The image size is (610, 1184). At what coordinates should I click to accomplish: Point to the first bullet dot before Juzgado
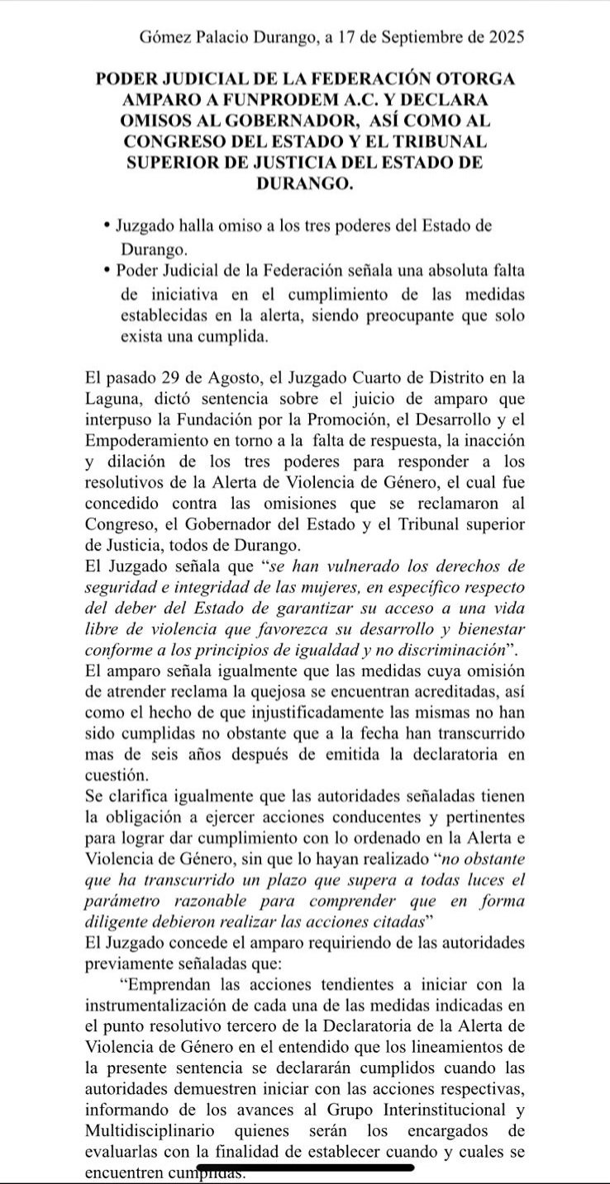pyautogui.click(x=107, y=225)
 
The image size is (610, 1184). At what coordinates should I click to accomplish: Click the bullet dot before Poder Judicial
pyautogui.click(x=107, y=271)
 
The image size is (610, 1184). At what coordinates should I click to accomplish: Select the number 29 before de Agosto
pyautogui.click(x=185, y=379)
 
